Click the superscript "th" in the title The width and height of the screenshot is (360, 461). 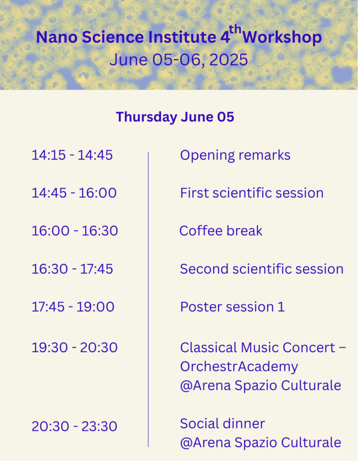tap(235, 30)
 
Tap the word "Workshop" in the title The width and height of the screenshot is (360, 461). tap(282, 37)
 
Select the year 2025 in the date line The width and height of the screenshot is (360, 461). tap(229, 60)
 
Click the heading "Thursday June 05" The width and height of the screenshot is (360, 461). tap(175, 117)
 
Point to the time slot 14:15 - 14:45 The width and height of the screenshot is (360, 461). tap(72, 155)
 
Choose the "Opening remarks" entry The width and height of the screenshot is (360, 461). tap(235, 155)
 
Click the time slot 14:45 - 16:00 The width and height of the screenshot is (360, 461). tap(74, 193)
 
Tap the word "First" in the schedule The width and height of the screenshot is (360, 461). tap(194, 193)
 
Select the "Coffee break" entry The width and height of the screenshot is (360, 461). tap(221, 231)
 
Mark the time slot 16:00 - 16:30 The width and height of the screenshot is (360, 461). tap(75, 231)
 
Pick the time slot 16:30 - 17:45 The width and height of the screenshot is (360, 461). tap(72, 269)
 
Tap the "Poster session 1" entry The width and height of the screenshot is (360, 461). tap(232, 307)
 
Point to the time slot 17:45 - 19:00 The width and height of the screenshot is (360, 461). tap(73, 307)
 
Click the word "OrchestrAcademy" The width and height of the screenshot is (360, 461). tap(239, 367)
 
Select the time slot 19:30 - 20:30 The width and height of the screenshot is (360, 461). tap(74, 348)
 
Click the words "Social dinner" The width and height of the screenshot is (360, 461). tap(223, 424)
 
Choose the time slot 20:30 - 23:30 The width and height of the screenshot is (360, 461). tap(74, 426)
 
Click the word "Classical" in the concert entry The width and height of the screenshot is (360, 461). tap(208, 348)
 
